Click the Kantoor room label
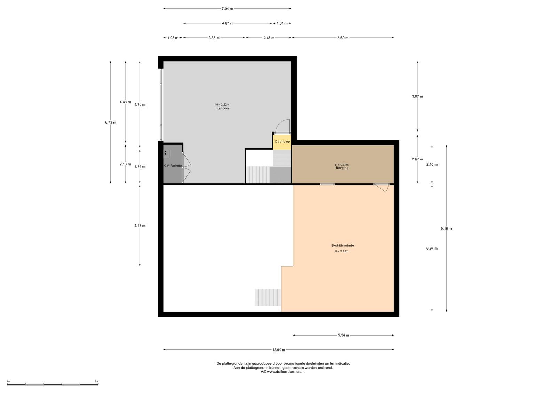(x=223, y=108)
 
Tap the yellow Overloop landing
(x=282, y=142)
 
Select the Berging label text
(x=342, y=168)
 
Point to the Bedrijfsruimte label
(x=343, y=246)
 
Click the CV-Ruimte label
(x=173, y=166)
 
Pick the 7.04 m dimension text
(x=227, y=9)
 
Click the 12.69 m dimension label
(x=279, y=350)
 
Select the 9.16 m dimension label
(x=446, y=229)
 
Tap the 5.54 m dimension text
(x=343, y=335)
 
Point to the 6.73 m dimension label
(x=111, y=123)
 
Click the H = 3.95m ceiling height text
(x=342, y=251)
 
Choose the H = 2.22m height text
(x=222, y=105)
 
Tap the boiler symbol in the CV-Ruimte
(x=167, y=154)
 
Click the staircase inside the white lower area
(x=268, y=297)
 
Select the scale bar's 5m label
(x=96, y=381)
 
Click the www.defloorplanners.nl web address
(x=286, y=372)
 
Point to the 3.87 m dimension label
(x=417, y=96)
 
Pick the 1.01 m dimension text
(x=282, y=23)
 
